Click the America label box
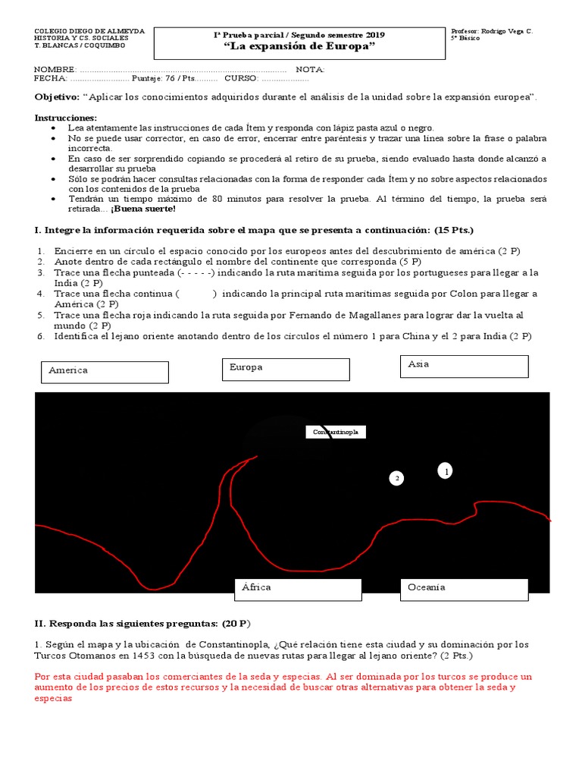[104, 372]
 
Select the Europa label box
[289, 370]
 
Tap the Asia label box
[464, 366]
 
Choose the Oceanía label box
[464, 589]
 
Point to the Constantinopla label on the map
[336, 432]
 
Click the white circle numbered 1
[446, 471]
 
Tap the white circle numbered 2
[396, 478]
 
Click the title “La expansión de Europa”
[300, 46]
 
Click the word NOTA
[310, 69]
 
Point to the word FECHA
[50, 78]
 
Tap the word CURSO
[241, 78]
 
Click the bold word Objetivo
[57, 97]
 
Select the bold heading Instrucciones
[66, 118]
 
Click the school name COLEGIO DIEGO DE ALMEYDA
[89, 31]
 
